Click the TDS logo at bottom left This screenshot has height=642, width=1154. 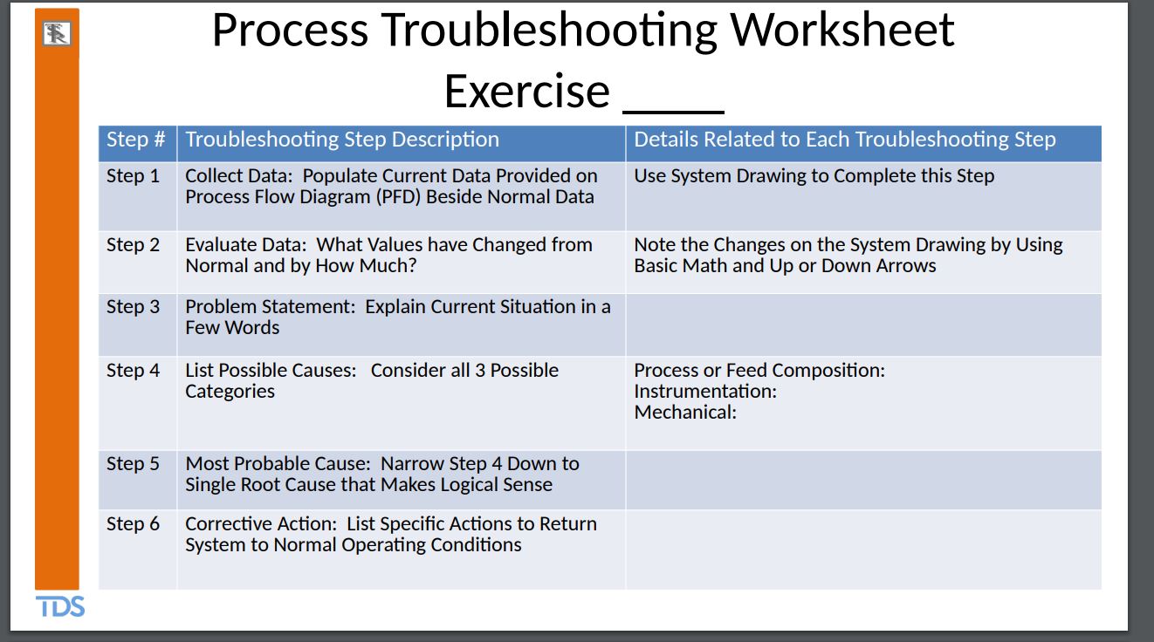tap(60, 606)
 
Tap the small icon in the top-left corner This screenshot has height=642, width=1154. tap(57, 34)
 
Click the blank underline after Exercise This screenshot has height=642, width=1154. tap(674, 98)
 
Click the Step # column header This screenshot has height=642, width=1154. tap(135, 140)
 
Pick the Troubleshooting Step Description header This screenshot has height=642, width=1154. tap(342, 140)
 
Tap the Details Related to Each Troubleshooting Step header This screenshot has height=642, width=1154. tap(844, 140)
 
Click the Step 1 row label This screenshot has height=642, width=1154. tap(133, 176)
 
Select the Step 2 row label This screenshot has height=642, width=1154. tap(133, 245)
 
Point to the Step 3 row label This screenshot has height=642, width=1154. tap(133, 307)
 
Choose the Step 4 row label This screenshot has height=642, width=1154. tap(133, 371)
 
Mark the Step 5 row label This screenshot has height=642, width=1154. tap(133, 464)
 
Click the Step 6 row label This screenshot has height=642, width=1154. tap(133, 524)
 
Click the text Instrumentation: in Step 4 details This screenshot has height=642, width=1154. tap(704, 392)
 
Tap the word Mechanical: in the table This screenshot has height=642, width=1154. tap(685, 413)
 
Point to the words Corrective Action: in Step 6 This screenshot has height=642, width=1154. tap(261, 524)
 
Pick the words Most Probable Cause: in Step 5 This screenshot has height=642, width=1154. tap(279, 464)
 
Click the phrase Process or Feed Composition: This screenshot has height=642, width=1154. tap(759, 371)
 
